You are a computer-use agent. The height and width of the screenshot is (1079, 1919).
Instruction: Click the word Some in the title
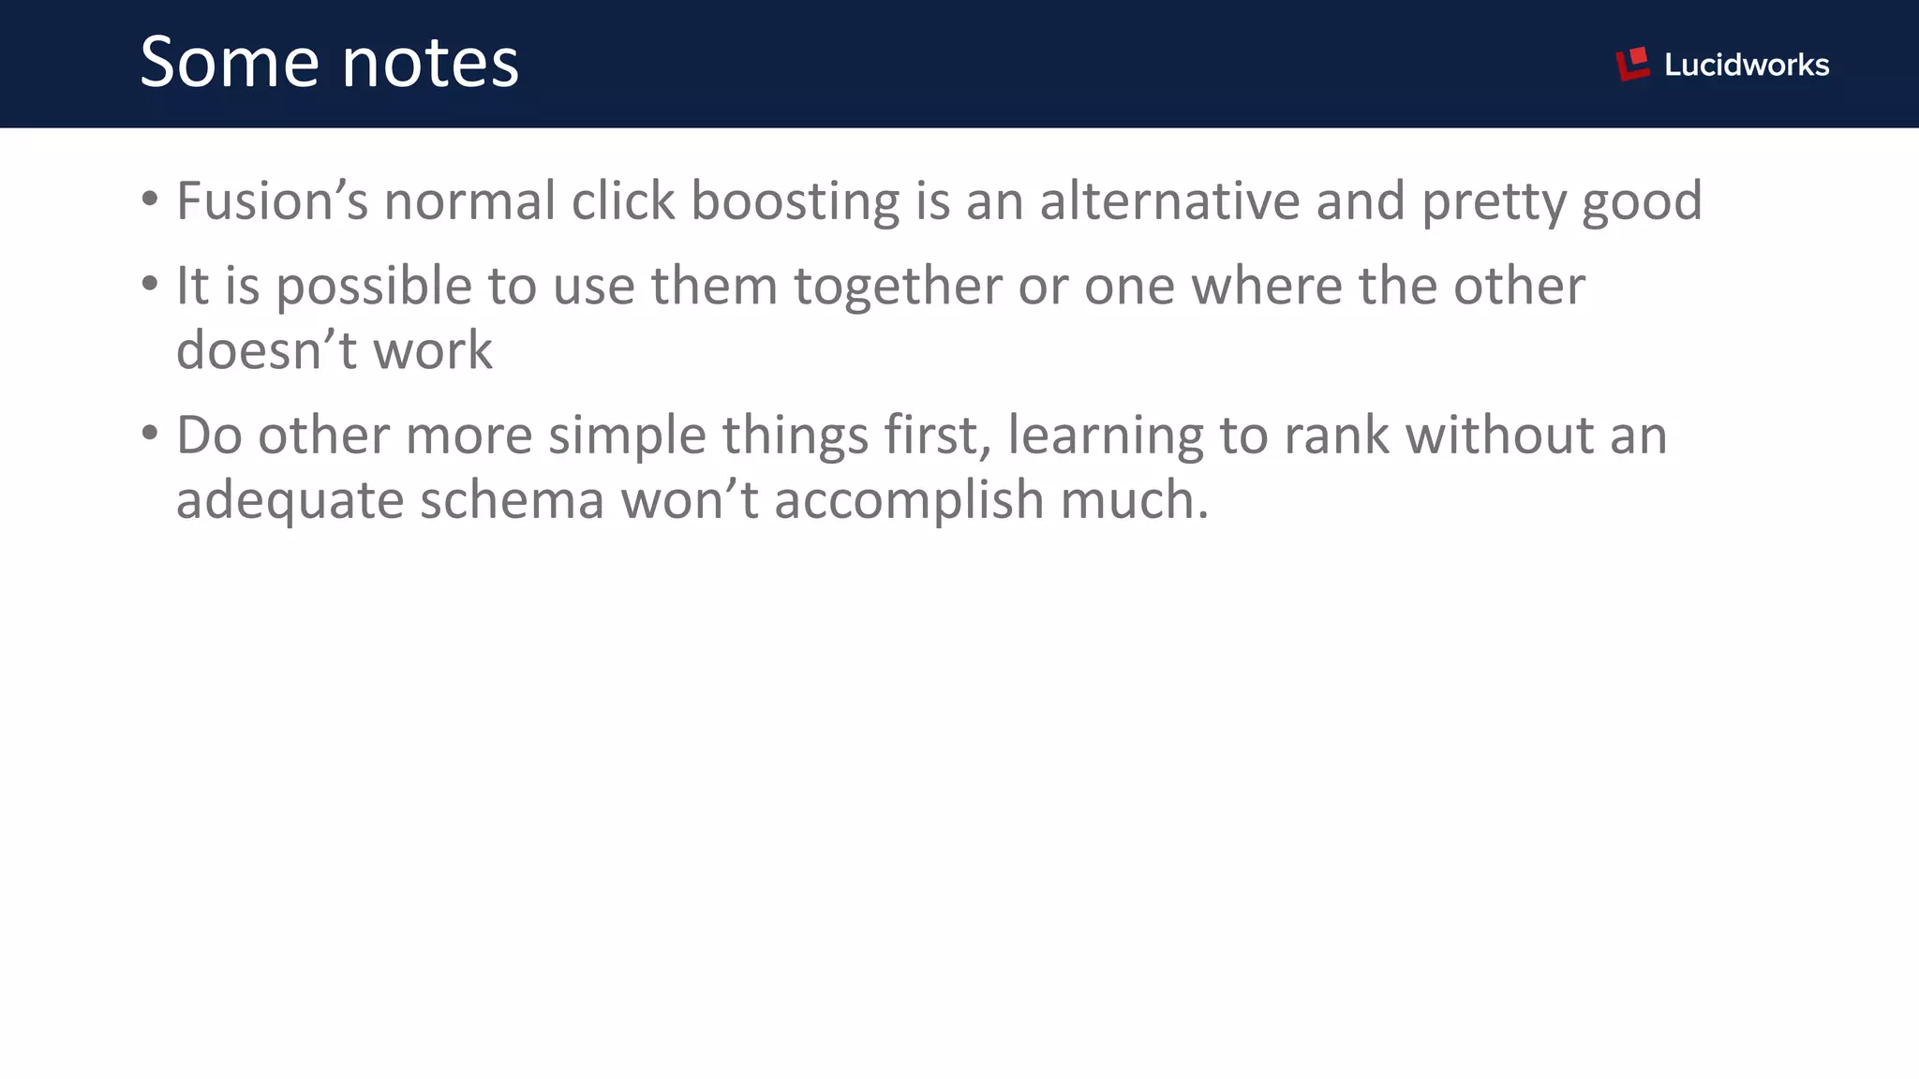point(230,63)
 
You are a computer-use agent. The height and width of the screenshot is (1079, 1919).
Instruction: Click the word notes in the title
point(430,63)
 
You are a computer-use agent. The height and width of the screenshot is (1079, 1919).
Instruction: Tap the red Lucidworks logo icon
point(1632,64)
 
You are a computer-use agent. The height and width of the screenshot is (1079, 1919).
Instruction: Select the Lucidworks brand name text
point(1747,65)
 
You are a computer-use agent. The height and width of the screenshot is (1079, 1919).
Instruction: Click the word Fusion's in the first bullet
point(272,200)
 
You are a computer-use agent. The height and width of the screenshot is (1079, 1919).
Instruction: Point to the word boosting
point(795,202)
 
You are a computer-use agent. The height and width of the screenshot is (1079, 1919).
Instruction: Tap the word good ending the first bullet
point(1642,202)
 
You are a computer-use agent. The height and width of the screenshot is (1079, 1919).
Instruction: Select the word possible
point(373,287)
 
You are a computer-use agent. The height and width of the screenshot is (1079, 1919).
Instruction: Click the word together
point(898,287)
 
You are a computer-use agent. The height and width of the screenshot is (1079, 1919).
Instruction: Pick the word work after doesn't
point(433,350)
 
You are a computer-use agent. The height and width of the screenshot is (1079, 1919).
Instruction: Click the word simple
point(627,436)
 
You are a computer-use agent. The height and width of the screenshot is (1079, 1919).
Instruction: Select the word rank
point(1336,435)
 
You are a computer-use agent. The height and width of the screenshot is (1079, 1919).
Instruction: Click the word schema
point(512,499)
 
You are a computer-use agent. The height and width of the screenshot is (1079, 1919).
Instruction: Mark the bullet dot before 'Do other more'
point(150,433)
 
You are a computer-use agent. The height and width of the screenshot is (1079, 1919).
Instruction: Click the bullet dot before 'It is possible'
point(150,283)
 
